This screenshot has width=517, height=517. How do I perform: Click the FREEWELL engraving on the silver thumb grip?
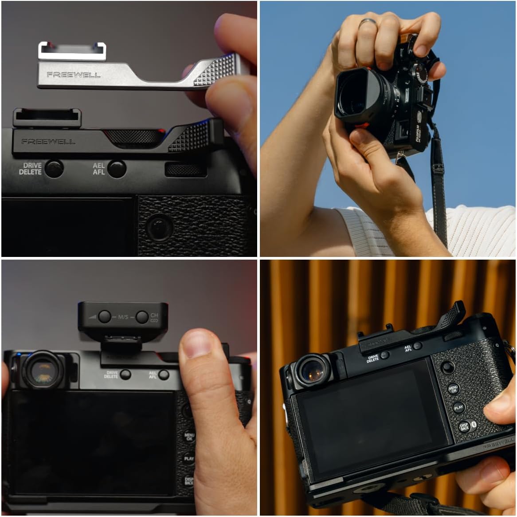pyautogui.click(x=74, y=75)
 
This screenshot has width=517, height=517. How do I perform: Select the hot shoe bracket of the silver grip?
pyautogui.click(x=72, y=51)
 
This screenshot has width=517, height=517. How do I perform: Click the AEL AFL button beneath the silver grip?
pyautogui.click(x=117, y=169)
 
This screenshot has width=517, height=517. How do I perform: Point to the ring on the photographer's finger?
pyautogui.click(x=368, y=22)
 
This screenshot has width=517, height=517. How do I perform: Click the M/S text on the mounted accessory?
pyautogui.click(x=123, y=317)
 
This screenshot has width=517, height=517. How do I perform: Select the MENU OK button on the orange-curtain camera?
pyautogui.click(x=453, y=389)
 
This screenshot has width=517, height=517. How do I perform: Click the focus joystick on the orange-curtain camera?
pyautogui.click(x=447, y=367)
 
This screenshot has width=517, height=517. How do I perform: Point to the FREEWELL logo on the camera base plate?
pyautogui.click(x=500, y=444)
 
